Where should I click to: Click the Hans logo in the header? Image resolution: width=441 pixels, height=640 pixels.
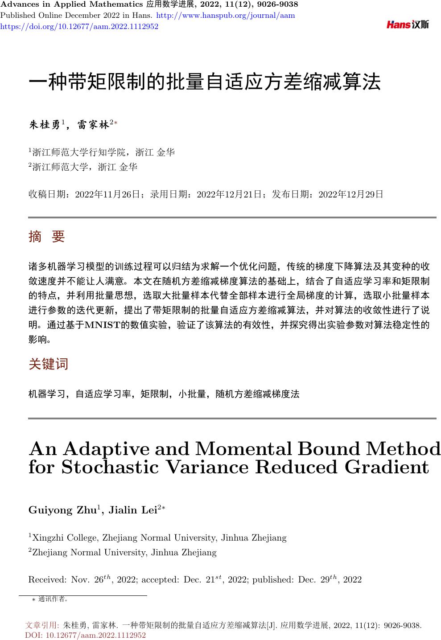point(408,25)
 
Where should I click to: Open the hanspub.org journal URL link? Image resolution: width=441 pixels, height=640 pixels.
point(226,15)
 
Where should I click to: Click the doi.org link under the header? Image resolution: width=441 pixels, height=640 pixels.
point(79,26)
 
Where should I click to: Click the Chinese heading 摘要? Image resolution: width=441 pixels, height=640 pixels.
point(47,237)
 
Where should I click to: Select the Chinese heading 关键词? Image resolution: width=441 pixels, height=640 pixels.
point(49,364)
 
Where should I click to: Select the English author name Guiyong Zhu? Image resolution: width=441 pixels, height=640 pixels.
point(63,510)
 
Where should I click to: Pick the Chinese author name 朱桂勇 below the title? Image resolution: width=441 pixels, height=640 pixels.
point(45,125)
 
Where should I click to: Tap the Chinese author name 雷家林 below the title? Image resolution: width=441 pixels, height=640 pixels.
point(93,125)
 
